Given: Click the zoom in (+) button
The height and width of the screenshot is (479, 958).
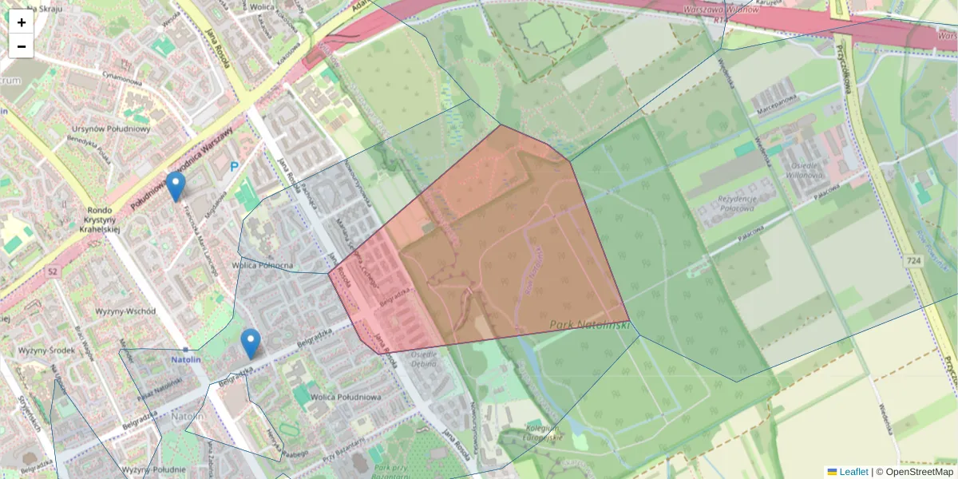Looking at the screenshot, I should [22, 22].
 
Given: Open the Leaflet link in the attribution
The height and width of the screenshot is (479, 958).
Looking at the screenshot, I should [853, 472].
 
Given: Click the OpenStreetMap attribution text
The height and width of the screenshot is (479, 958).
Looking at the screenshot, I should [919, 472].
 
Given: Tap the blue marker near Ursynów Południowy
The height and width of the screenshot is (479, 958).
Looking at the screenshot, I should [176, 186].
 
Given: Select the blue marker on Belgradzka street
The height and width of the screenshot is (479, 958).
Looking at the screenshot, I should [251, 343].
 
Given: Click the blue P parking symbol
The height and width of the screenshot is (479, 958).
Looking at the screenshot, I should [234, 167].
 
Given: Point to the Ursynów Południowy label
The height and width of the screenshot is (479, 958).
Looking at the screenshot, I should [111, 129].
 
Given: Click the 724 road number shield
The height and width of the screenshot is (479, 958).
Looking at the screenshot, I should [915, 261].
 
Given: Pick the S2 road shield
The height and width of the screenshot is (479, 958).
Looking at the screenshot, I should [53, 272].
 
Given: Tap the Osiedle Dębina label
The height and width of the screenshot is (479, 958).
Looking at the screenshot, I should [422, 358].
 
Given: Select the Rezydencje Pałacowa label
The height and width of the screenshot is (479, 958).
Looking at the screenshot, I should [725, 203].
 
